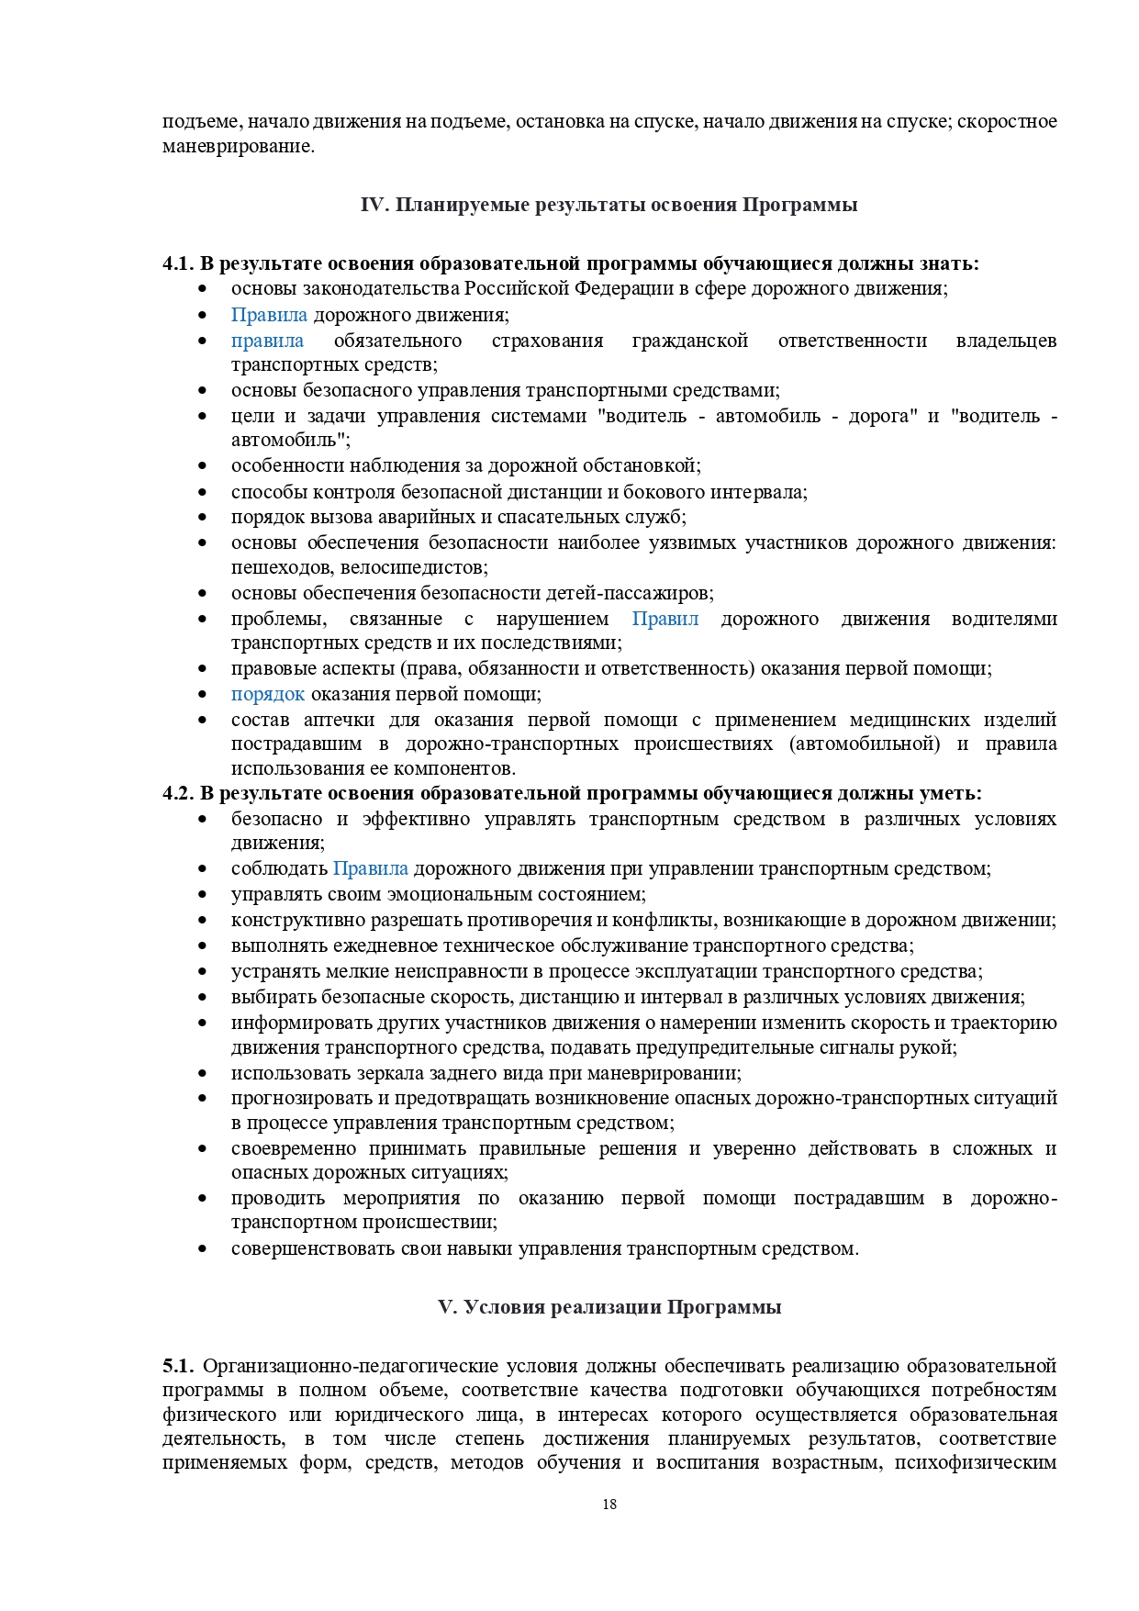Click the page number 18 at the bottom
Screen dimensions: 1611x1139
(x=609, y=1504)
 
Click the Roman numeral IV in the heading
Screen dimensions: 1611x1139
(x=374, y=205)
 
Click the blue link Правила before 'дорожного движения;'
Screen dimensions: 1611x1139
(x=269, y=315)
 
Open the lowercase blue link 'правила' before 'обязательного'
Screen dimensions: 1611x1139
(x=267, y=341)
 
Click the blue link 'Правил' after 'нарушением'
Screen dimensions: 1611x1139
(x=665, y=619)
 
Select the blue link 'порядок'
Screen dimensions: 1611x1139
(x=267, y=694)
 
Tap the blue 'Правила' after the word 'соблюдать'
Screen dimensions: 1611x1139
(x=370, y=868)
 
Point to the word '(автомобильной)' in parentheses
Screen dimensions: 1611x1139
(x=864, y=744)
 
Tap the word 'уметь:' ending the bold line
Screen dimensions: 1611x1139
(x=954, y=793)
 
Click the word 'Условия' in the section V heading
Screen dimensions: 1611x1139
(x=504, y=1307)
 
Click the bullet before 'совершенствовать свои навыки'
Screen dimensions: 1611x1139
(x=202, y=1249)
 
